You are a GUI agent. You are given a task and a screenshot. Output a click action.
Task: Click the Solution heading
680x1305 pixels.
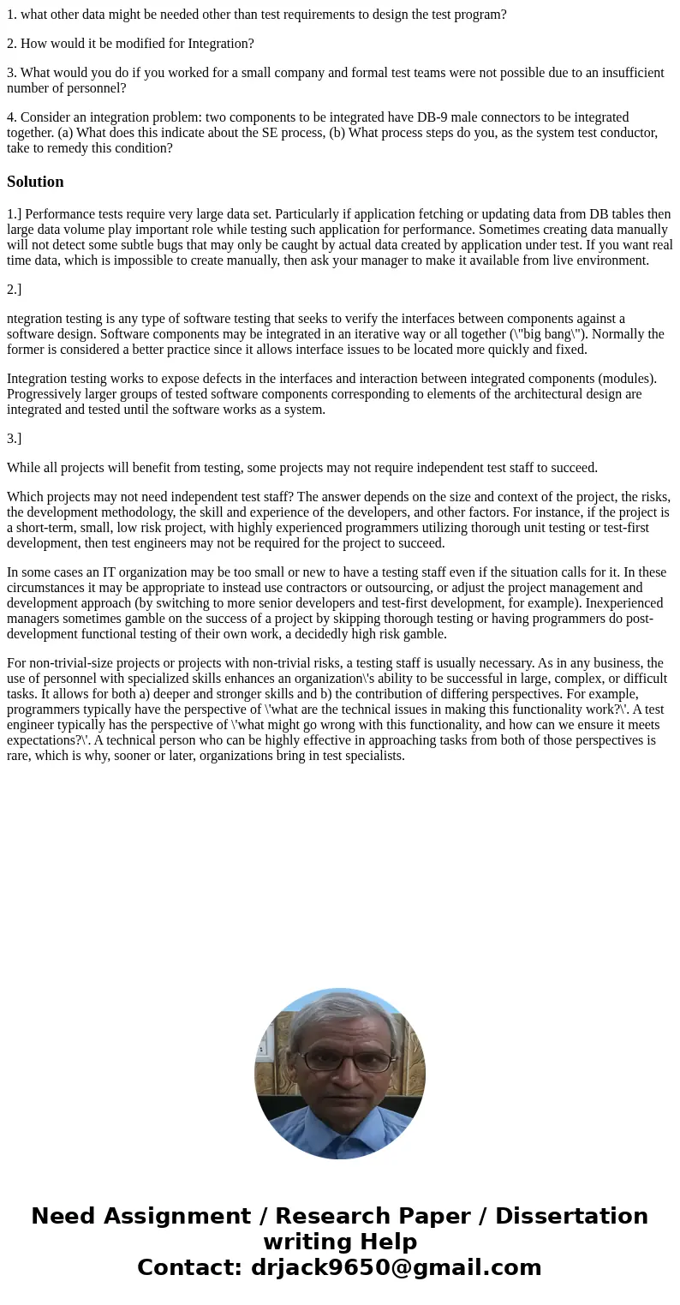point(35,182)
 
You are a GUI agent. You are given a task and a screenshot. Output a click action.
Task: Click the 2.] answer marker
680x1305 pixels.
point(15,290)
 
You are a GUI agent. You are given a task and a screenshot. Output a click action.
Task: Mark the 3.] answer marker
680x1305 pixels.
point(15,439)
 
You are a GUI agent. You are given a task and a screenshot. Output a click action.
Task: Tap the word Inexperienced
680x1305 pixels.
point(623,603)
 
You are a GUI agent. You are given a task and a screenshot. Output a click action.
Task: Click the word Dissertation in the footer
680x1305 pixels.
point(571,1217)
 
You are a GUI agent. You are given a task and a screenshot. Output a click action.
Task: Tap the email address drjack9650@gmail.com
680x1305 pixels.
point(396,1268)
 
